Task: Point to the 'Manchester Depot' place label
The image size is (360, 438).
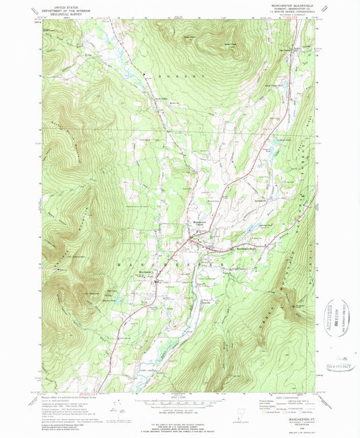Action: pyautogui.click(x=247, y=248)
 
